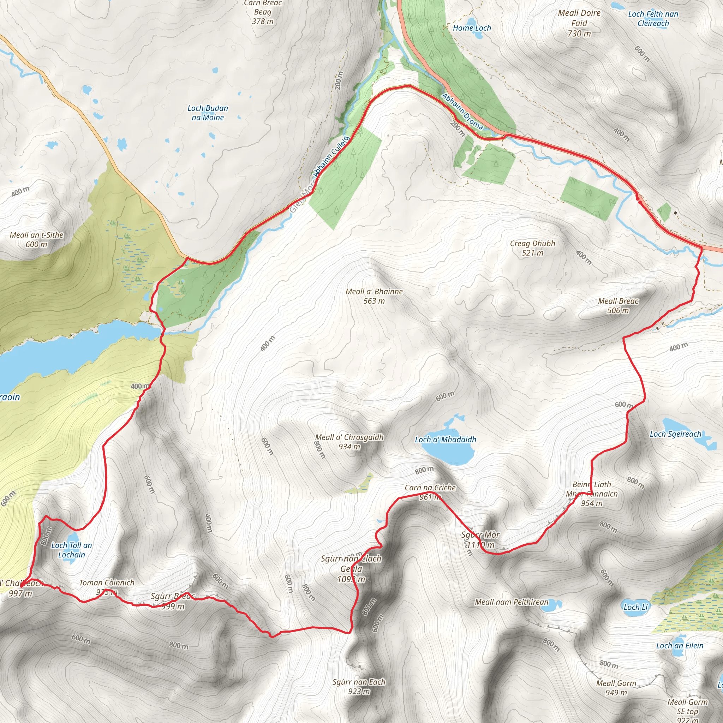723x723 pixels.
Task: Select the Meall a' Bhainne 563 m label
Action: [374, 296]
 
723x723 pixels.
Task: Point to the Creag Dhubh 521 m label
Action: [532, 248]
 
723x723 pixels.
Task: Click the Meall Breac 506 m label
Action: [618, 305]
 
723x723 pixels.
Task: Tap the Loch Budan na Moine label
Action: [208, 113]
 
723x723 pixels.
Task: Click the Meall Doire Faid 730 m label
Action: [579, 23]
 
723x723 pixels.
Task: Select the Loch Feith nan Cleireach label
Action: [653, 19]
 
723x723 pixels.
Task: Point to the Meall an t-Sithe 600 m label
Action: [37, 239]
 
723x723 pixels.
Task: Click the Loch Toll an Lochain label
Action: [71, 550]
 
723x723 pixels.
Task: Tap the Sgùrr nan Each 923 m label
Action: [359, 686]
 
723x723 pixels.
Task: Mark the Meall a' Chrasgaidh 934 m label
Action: [349, 442]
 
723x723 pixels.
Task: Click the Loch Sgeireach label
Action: [675, 434]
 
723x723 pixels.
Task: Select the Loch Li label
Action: [635, 607]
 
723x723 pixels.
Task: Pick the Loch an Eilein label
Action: [680, 646]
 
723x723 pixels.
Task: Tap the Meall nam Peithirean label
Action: [511, 602]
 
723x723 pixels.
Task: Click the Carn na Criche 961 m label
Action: [430, 492]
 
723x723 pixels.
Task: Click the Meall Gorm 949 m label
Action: [616, 687]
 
